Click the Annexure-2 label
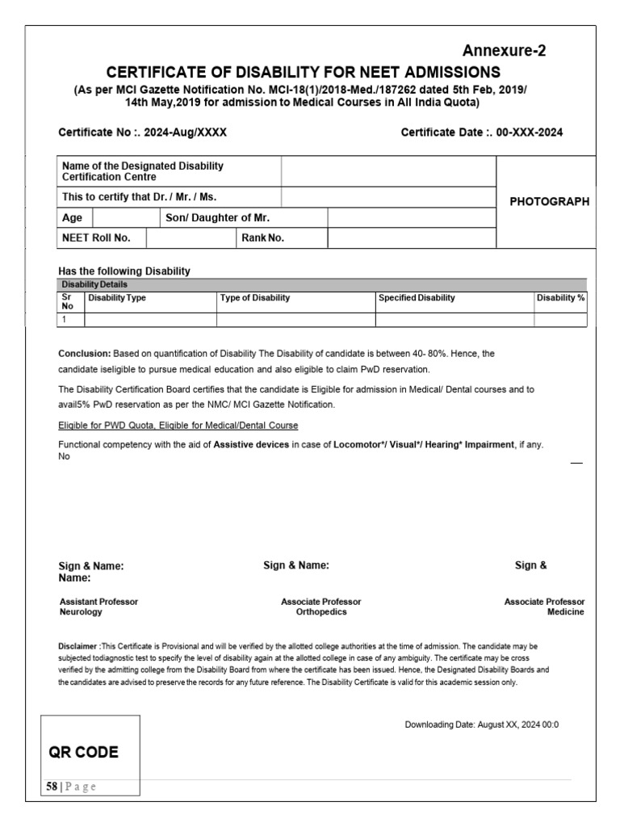pyautogui.click(x=504, y=51)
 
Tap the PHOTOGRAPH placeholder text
pyautogui.click(x=549, y=202)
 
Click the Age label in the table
pyautogui.click(x=73, y=218)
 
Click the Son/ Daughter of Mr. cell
pyautogui.click(x=217, y=218)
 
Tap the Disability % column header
pyautogui.click(x=560, y=298)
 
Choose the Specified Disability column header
pyautogui.click(x=417, y=298)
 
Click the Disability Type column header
pyautogui.click(x=117, y=298)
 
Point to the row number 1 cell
pyautogui.click(x=64, y=320)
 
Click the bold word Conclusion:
pyautogui.click(x=85, y=354)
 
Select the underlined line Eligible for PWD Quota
pyautogui.click(x=178, y=425)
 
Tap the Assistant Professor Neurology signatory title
pyautogui.click(x=98, y=607)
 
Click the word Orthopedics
pyautogui.click(x=321, y=612)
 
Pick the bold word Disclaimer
pyautogui.click(x=78, y=647)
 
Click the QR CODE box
pyautogui.click(x=84, y=753)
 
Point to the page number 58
pyautogui.click(x=52, y=787)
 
